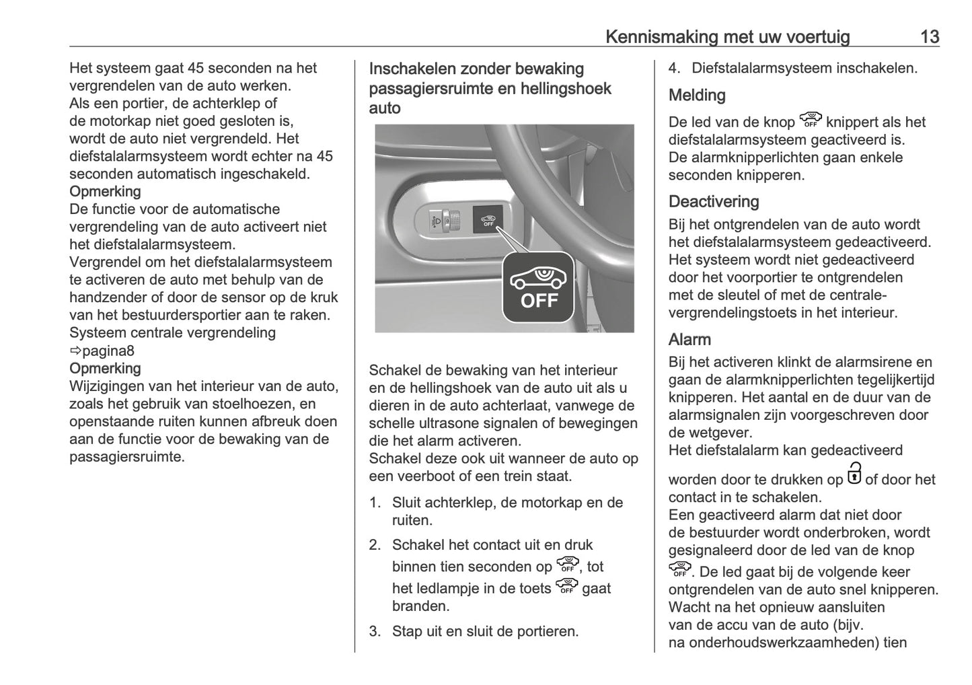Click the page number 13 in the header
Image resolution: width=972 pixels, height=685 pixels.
tap(929, 36)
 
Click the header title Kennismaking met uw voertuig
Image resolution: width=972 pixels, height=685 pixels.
tap(727, 36)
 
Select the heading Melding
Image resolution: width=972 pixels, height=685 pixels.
tap(697, 96)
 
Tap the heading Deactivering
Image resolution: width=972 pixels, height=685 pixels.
tap(714, 201)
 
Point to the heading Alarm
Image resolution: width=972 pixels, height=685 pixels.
tap(689, 339)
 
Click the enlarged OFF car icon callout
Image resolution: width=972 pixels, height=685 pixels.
tap(538, 288)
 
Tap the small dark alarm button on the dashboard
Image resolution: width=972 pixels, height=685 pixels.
tap(488, 219)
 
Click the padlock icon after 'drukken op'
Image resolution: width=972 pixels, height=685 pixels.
tap(854, 473)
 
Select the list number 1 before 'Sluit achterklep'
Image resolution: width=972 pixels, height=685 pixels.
tap(375, 503)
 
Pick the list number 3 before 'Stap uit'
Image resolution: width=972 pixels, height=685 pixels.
tap(375, 631)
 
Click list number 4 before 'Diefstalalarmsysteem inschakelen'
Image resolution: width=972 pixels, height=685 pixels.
tap(675, 68)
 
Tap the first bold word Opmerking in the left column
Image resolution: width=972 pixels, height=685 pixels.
tap(105, 192)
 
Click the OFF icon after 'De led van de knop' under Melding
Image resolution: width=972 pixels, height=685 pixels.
tap(811, 120)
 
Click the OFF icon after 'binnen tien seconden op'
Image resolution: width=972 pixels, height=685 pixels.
tap(568, 565)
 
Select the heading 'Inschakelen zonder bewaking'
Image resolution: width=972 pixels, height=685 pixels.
tap(476, 69)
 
